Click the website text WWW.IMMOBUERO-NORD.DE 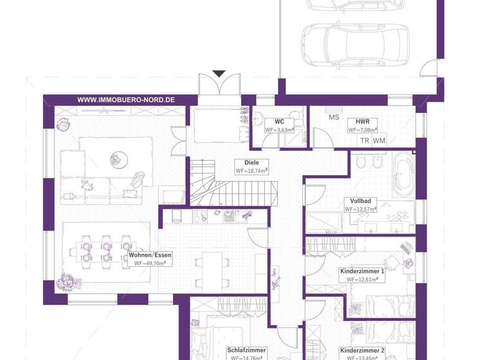(x=126, y=100)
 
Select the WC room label (x=279, y=121)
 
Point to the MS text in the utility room (x=334, y=117)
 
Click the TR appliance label (x=365, y=140)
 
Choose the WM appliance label (x=379, y=140)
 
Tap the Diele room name (x=242, y=162)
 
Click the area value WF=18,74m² (x=252, y=171)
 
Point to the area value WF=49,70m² (x=147, y=264)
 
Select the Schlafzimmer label (x=246, y=350)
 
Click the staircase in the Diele (x=235, y=190)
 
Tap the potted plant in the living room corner (x=65, y=281)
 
